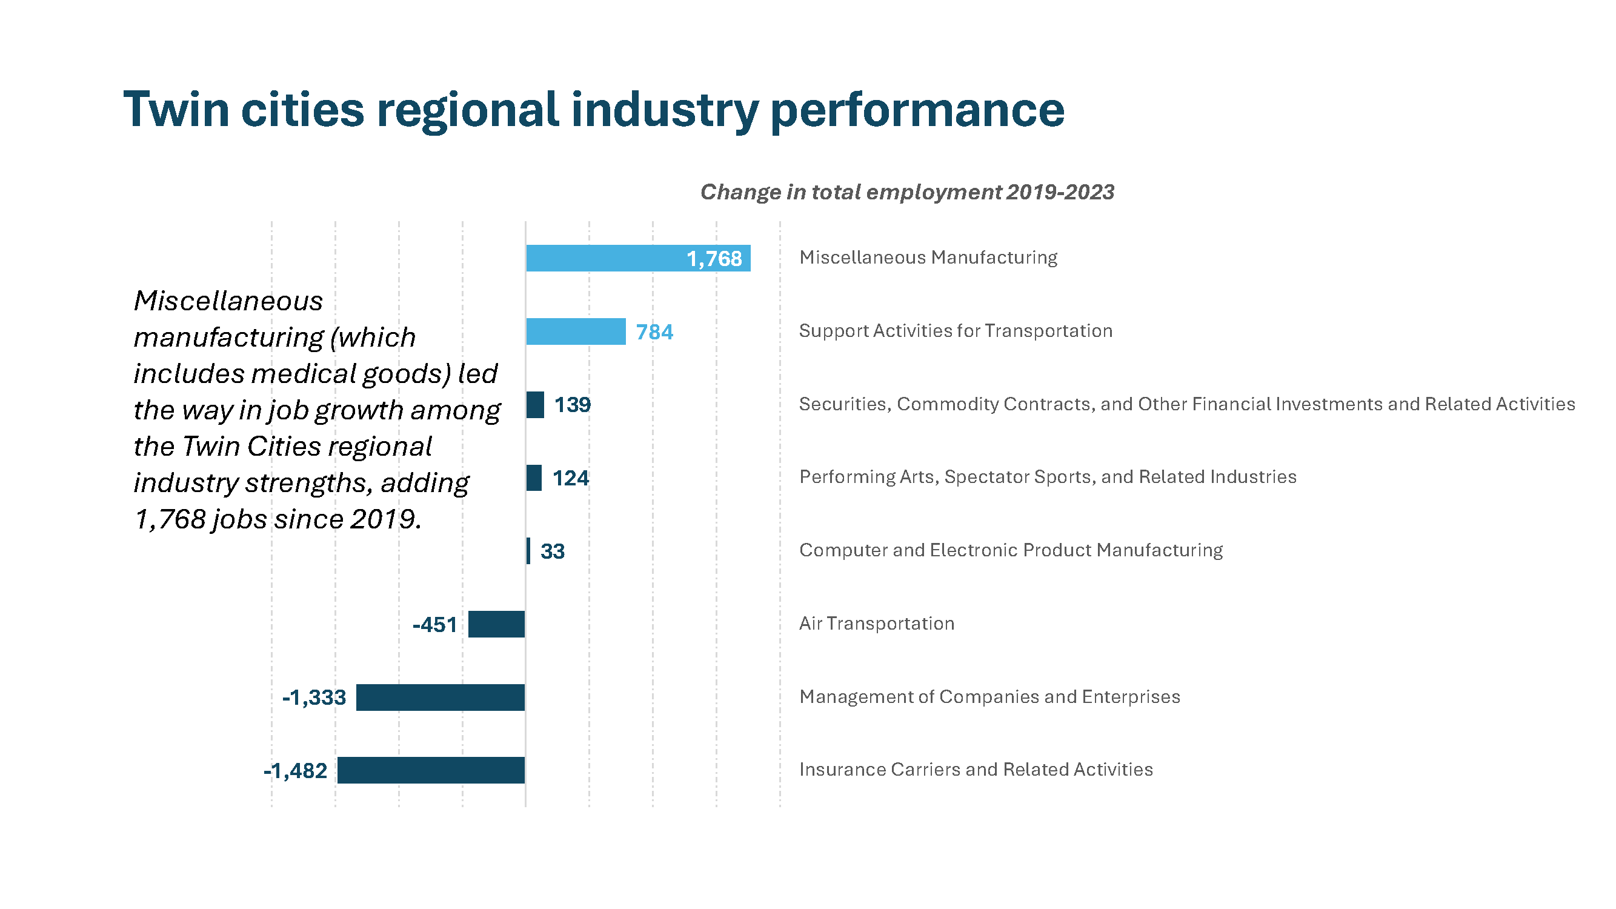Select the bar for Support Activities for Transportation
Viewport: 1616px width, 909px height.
click(x=575, y=331)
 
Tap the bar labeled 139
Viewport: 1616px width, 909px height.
click(x=535, y=405)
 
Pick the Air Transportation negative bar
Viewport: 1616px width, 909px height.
click(x=496, y=624)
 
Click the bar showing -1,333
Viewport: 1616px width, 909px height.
click(x=440, y=697)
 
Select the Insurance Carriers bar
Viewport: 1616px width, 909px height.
click(x=430, y=770)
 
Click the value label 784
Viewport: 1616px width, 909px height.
click(x=654, y=332)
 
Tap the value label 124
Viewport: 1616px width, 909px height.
click(x=570, y=478)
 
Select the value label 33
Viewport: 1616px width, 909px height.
click(x=552, y=551)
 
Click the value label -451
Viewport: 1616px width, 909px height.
click(x=434, y=625)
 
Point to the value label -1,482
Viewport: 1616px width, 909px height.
click(x=296, y=770)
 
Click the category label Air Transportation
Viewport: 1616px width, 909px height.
click(x=876, y=624)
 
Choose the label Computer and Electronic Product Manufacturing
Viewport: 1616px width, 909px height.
click(x=1011, y=550)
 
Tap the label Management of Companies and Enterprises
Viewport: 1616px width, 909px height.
click(x=989, y=697)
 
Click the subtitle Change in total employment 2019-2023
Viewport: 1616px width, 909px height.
click(x=907, y=192)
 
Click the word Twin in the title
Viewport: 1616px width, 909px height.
click(x=176, y=110)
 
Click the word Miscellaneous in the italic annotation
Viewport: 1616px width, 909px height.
click(x=228, y=301)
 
